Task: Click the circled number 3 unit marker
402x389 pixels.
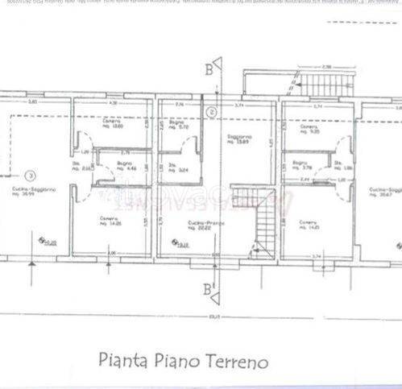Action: pyautogui.click(x=30, y=174)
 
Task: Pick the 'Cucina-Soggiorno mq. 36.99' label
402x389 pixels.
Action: pyautogui.click(x=33, y=192)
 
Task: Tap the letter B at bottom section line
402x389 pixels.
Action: pyautogui.click(x=209, y=288)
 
